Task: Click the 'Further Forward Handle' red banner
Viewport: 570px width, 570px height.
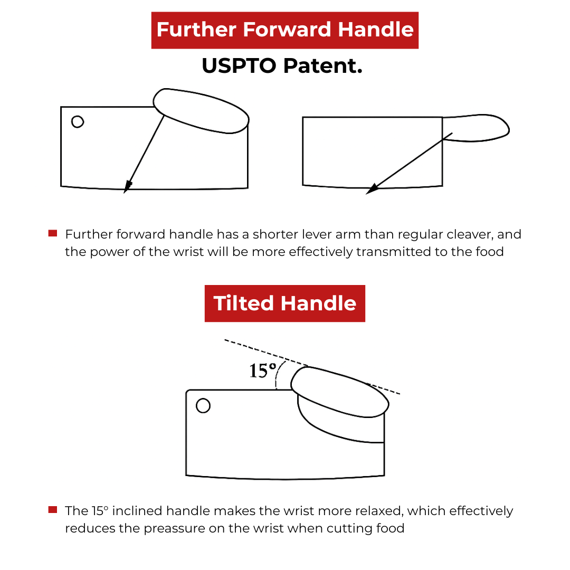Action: [x=284, y=30]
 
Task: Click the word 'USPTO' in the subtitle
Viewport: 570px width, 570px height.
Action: [x=239, y=66]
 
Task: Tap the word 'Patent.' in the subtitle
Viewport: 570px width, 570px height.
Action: [x=323, y=66]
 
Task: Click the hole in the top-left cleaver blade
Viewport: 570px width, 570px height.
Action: [x=78, y=121]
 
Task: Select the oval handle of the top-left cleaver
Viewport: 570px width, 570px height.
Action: [x=201, y=111]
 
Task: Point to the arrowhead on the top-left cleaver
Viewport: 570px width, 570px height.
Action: [x=127, y=186]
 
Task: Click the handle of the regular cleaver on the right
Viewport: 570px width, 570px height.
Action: [x=476, y=128]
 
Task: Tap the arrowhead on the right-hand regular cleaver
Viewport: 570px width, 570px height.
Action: [x=372, y=189]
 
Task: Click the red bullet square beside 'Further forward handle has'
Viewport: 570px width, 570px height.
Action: [x=53, y=233]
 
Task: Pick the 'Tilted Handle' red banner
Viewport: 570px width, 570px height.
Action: [x=284, y=303]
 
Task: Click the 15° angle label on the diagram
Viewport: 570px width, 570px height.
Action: [x=262, y=371]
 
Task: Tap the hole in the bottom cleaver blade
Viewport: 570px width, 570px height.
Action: [x=203, y=406]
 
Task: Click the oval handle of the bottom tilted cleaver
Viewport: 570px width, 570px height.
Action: [x=340, y=392]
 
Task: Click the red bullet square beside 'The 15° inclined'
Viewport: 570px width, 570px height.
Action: [x=53, y=510]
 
